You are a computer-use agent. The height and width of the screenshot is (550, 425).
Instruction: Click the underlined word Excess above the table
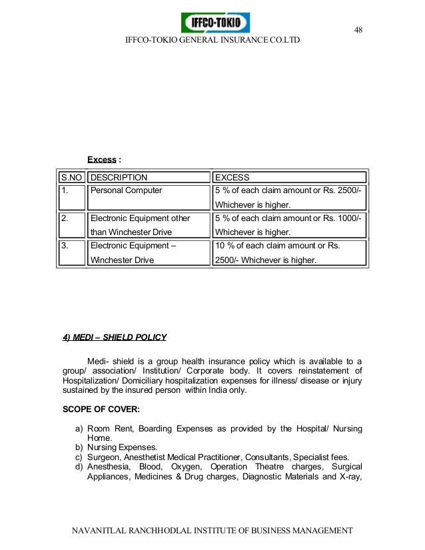(102, 160)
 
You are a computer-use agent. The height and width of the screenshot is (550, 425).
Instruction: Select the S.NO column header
(71, 178)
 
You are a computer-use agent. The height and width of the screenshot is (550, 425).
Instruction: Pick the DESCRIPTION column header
(119, 178)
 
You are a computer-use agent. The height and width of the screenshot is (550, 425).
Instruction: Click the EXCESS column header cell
(232, 178)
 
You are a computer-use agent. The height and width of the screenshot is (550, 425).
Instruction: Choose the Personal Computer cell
(127, 190)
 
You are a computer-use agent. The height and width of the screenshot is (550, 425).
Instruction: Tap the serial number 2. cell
(65, 218)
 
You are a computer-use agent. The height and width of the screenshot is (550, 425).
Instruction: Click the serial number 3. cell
(65, 246)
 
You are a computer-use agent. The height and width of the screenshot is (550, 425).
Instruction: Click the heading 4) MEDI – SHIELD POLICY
(114, 338)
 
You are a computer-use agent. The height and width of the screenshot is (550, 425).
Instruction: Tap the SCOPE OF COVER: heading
(101, 410)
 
